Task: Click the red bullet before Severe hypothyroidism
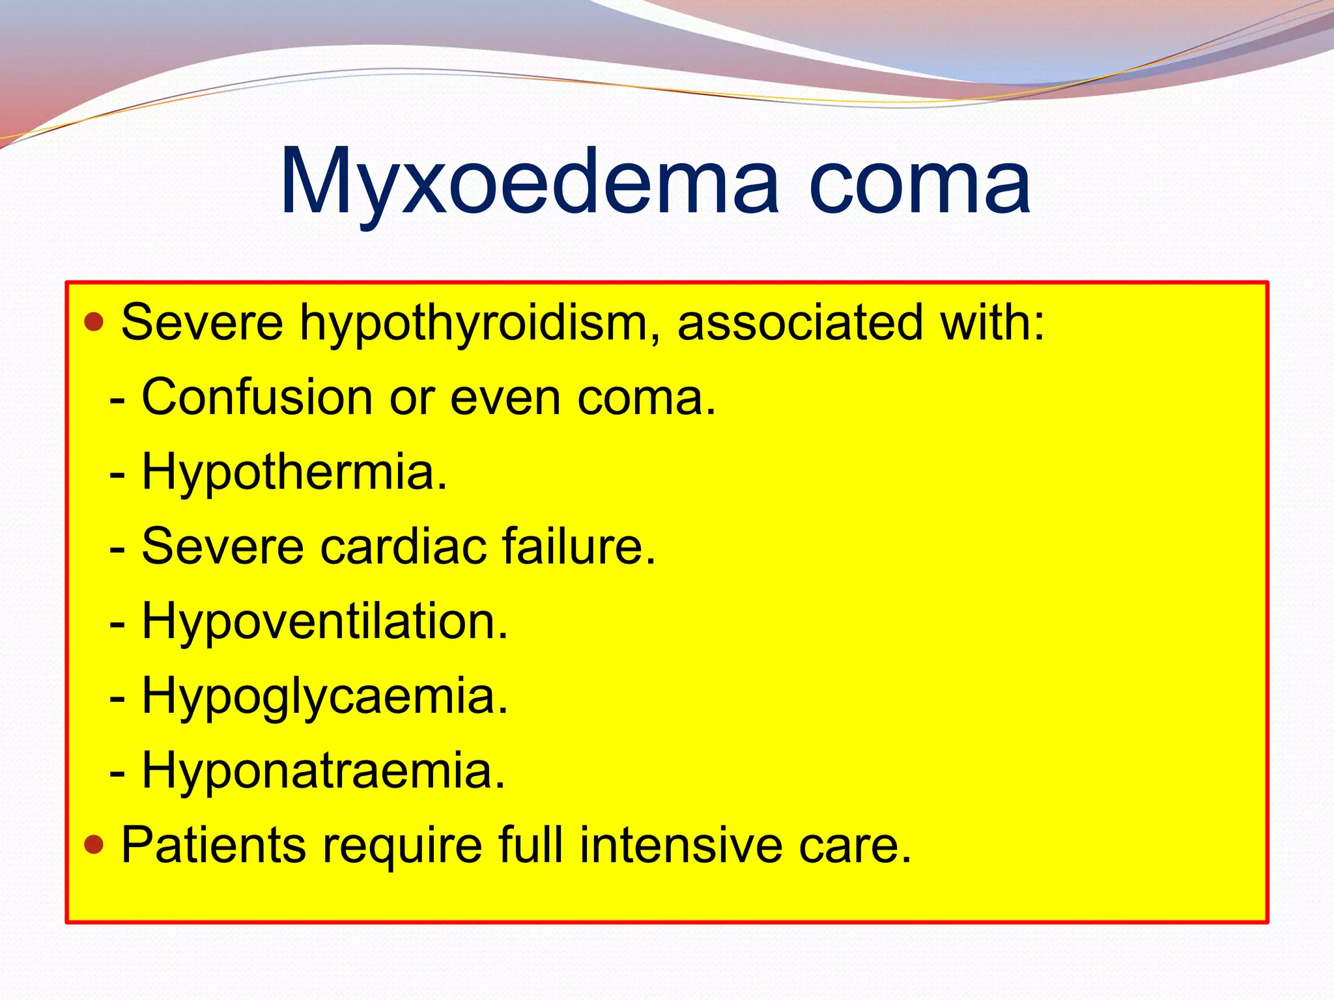coord(94,322)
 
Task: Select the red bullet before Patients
coord(94,844)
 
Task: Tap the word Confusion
coord(257,397)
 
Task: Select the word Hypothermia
coord(294,473)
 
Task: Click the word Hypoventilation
coord(324,622)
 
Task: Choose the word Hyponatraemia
coord(323,771)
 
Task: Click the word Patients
coord(214,845)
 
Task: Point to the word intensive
coord(681,845)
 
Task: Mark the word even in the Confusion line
coord(505,398)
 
